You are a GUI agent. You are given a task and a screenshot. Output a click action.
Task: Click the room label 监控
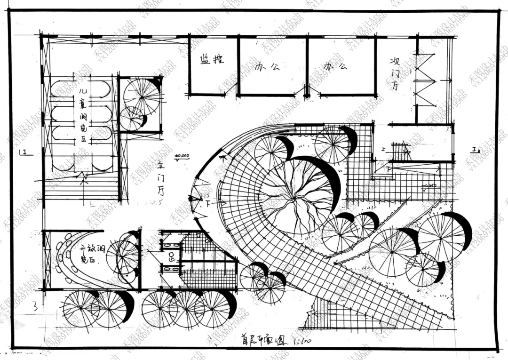(212, 59)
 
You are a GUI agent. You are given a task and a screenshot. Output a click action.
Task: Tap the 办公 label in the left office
(267, 66)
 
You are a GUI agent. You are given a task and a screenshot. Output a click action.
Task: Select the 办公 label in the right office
(335, 66)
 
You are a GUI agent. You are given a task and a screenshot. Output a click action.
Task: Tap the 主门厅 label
(161, 179)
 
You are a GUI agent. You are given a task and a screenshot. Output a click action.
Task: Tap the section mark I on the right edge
(475, 150)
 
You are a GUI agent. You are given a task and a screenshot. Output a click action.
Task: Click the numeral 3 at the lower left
(34, 307)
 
